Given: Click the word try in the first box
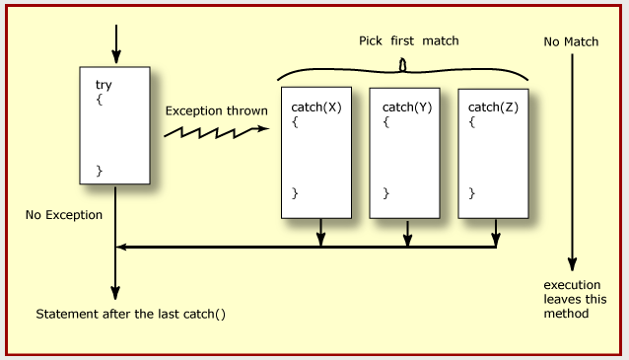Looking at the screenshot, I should coord(104,86).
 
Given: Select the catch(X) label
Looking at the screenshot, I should coord(316,107).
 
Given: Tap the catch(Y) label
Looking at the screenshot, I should coord(404,107).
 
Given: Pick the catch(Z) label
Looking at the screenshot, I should coord(492,107).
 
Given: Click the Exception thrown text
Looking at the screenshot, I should coord(216,110).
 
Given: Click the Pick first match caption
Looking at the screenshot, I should coord(408,41).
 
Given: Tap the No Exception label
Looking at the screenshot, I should coord(64,214).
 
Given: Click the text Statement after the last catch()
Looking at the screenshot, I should coord(131,315).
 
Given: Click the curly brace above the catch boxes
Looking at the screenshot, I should coord(402,69).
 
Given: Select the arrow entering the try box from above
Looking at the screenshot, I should coord(115,44).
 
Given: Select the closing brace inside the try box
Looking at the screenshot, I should coord(99,171).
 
